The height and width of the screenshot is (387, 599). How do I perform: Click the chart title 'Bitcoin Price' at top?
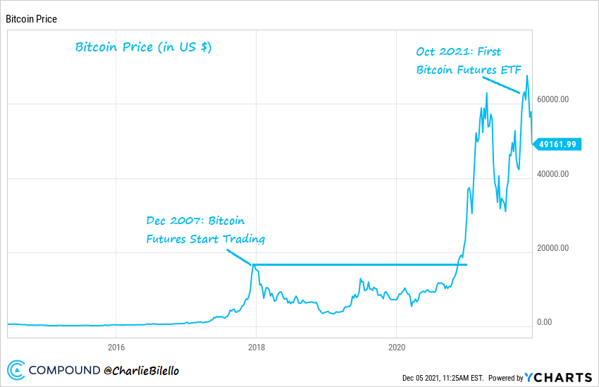click(x=31, y=19)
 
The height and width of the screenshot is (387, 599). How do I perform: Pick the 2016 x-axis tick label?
click(x=116, y=347)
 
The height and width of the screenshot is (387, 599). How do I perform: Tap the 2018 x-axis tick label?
click(x=256, y=347)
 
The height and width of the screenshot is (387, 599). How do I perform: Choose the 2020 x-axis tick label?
click(x=396, y=347)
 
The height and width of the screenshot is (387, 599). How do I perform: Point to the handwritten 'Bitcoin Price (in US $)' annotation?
click(x=144, y=48)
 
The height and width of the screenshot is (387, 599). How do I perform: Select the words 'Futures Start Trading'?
click(x=205, y=239)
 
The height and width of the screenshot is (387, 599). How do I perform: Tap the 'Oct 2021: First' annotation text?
click(x=459, y=51)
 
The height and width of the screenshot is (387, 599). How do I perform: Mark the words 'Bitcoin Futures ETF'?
click(x=469, y=70)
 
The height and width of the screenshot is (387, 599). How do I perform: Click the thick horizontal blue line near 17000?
click(x=359, y=265)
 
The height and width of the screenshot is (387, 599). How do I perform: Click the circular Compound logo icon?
click(x=16, y=369)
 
